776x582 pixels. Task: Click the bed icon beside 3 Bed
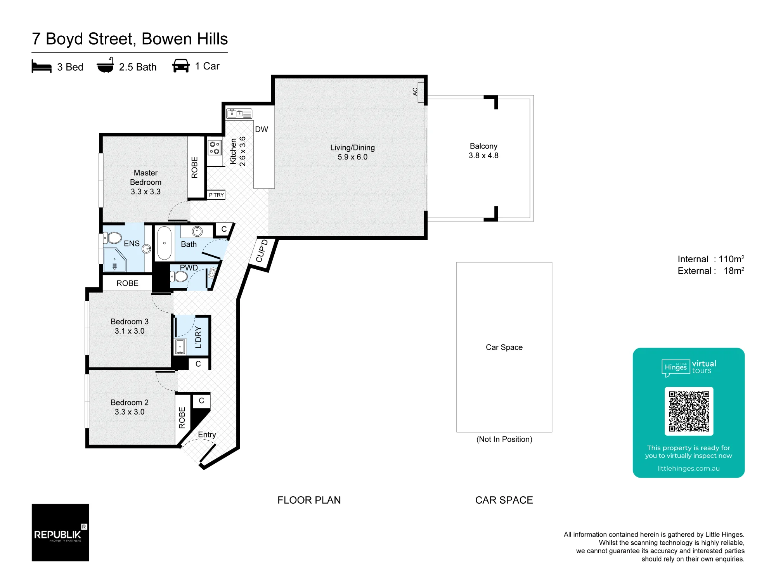42,66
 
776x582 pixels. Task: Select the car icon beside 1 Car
181,66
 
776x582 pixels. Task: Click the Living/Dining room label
352,147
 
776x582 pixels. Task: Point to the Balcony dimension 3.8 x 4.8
483,156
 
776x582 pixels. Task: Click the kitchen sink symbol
239,113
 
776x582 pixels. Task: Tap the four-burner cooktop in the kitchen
215,147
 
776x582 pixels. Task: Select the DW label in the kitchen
262,129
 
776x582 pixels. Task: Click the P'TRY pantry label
216,195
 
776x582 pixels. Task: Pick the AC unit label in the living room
415,92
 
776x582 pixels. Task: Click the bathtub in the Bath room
165,243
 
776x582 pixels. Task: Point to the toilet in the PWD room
179,277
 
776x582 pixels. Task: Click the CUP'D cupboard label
262,251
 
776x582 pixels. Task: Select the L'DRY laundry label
198,337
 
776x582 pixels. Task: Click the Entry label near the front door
207,435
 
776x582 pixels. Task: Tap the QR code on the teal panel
689,411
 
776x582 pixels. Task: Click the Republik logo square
60,532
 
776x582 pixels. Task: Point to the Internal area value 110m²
731,259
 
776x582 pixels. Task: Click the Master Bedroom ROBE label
194,167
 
